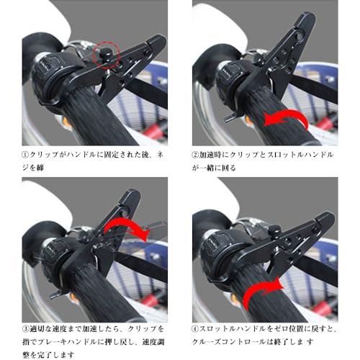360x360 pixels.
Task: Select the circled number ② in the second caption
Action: pyautogui.click(x=196, y=154)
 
